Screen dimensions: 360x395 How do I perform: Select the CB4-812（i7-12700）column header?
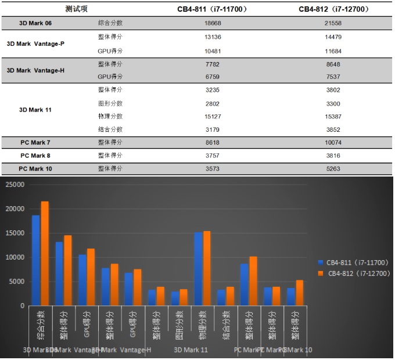coord(333,9)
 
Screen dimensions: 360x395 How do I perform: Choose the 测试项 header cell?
coord(76,9)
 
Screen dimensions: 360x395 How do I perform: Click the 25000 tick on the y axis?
coord(15,185)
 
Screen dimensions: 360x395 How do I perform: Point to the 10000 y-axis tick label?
coord(15,257)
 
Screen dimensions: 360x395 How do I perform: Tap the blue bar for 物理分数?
coord(199,269)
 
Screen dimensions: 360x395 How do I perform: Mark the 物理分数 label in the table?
coord(110,116)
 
